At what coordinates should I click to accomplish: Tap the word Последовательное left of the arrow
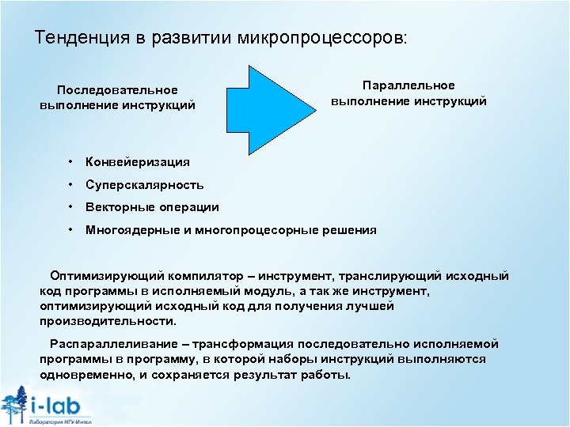tap(117, 90)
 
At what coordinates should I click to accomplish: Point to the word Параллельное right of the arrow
tap(408, 85)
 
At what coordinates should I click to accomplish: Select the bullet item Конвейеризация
tap(138, 162)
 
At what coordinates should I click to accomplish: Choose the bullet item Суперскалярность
tap(145, 185)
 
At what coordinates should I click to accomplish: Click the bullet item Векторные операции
tap(152, 207)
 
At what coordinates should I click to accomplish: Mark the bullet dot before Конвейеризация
tap(70, 161)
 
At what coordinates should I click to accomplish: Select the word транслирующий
tap(382, 276)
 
